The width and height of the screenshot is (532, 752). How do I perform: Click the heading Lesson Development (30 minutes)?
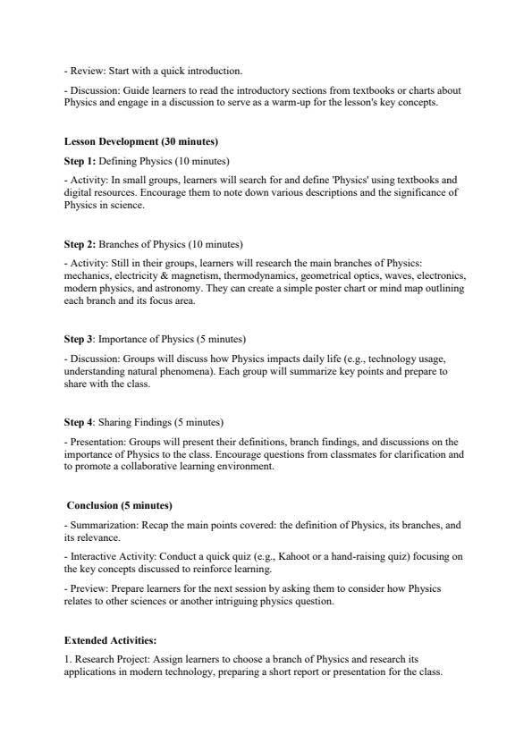141,142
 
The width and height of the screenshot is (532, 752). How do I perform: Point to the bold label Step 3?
79,339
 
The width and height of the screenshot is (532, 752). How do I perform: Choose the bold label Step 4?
79,422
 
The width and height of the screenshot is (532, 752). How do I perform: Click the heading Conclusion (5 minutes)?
120,505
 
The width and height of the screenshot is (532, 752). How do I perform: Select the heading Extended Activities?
110,640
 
